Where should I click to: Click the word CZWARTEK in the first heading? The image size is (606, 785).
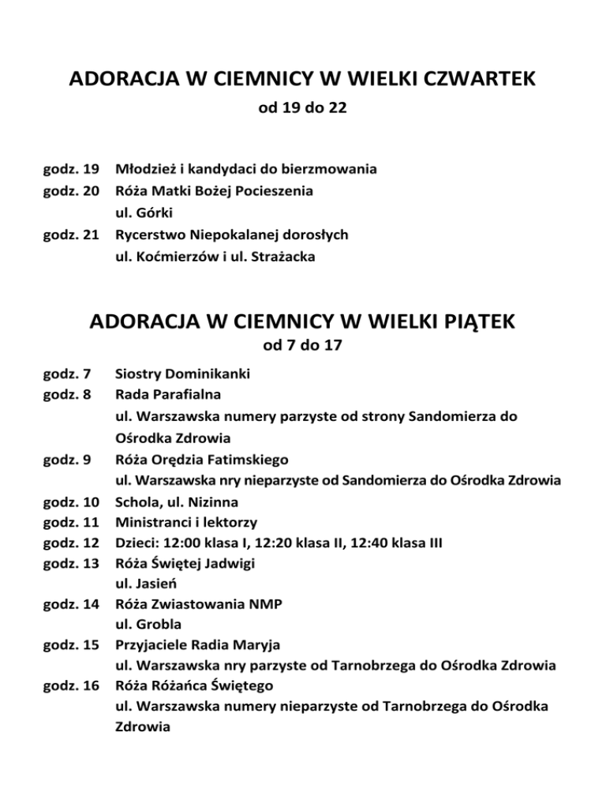[x=469, y=80]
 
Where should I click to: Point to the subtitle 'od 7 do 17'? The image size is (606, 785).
[x=303, y=347]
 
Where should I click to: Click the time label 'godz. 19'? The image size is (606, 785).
[x=70, y=169]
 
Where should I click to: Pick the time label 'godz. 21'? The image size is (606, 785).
[x=70, y=235]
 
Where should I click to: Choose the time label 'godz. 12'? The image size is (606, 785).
[x=70, y=543]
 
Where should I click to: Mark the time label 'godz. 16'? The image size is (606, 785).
[x=70, y=685]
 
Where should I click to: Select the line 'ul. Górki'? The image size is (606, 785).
[x=144, y=213]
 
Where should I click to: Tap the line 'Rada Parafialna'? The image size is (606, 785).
[x=166, y=393]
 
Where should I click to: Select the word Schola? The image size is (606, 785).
[x=137, y=501]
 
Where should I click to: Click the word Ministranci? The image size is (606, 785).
[x=154, y=522]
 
